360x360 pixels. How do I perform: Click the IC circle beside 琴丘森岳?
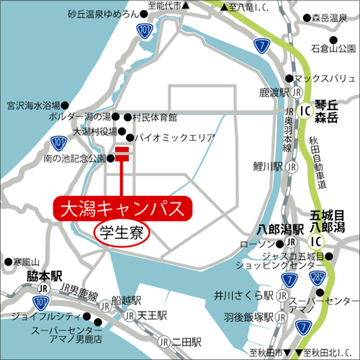pos(304,111)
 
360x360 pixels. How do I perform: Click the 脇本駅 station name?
pos(45,275)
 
